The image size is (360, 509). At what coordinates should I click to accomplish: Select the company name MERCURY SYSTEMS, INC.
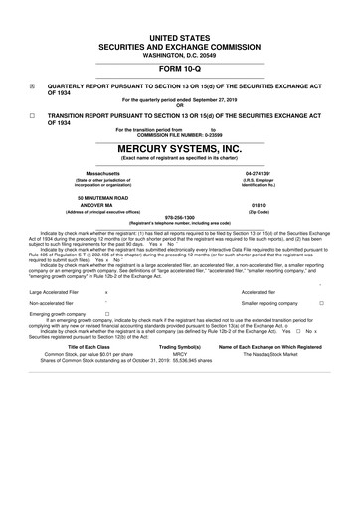(x=179, y=147)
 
